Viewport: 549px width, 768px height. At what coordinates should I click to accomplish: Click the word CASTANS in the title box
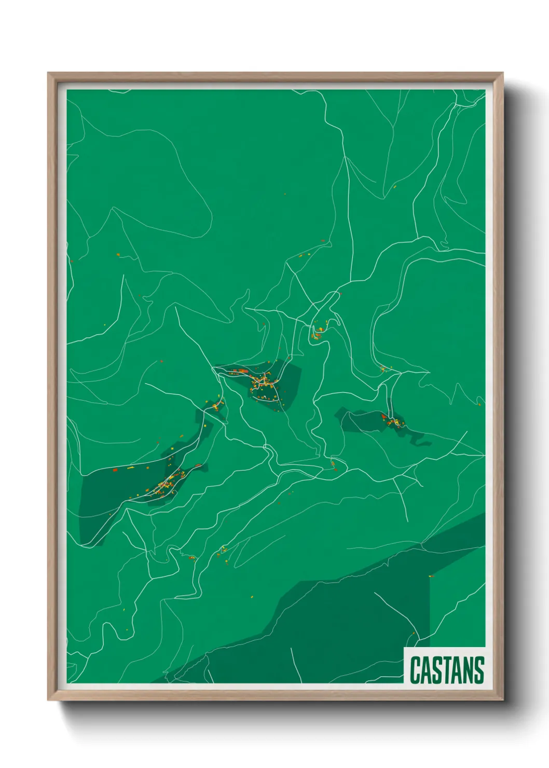click(447, 670)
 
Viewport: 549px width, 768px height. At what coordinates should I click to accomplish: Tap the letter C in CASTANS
click(416, 670)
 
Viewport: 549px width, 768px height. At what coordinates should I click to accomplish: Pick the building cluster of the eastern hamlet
click(393, 421)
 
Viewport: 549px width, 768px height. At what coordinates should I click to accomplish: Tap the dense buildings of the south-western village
click(167, 483)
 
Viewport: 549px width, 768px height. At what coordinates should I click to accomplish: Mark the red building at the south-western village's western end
click(115, 470)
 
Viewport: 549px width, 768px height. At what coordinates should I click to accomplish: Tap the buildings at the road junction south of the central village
click(334, 463)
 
